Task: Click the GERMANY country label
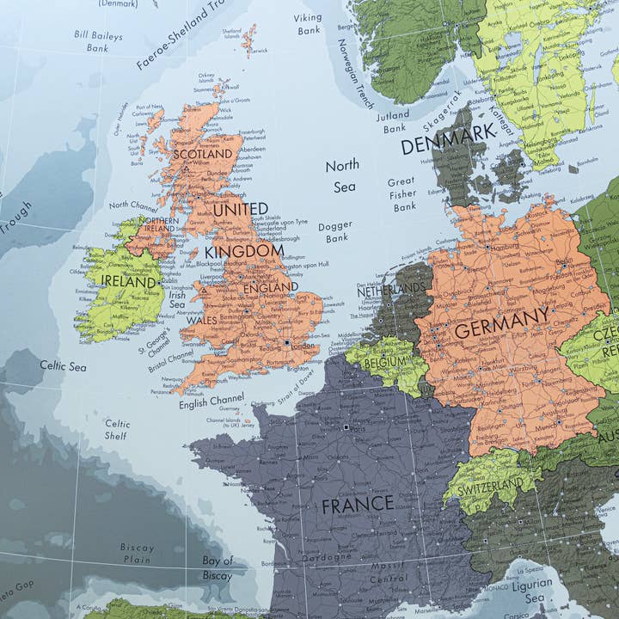coord(501,322)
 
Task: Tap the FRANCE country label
coord(358,505)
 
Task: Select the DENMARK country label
coord(449,138)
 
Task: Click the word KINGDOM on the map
coord(244,252)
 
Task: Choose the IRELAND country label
coord(130,280)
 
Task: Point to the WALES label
coord(201,320)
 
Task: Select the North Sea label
coord(342,175)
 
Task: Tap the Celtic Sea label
coord(64,366)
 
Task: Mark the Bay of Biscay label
coord(218,567)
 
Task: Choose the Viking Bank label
coord(309,23)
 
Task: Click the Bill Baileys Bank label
coord(98,42)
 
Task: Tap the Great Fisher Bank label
coord(401,194)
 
